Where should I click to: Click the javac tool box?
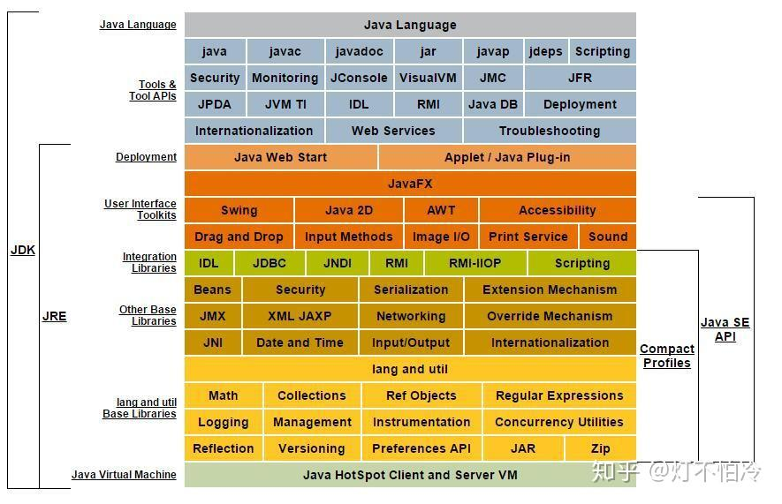285,51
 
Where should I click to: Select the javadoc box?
359,51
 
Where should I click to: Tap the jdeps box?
545,51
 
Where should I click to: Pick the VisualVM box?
428,78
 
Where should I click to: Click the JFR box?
580,78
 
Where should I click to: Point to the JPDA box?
215,104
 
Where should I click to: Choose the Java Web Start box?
280,157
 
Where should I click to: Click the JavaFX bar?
410,184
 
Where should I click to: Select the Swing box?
239,210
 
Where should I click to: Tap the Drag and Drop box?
239,237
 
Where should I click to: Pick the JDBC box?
270,263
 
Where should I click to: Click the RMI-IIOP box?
475,263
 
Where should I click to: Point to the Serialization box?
411,290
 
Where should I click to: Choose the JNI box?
212,342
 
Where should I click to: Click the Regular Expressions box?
559,395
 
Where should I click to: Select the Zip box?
601,448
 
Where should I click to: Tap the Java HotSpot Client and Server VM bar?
410,475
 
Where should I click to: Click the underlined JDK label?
23,250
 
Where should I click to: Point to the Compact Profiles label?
666,356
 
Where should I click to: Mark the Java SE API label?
725,329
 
